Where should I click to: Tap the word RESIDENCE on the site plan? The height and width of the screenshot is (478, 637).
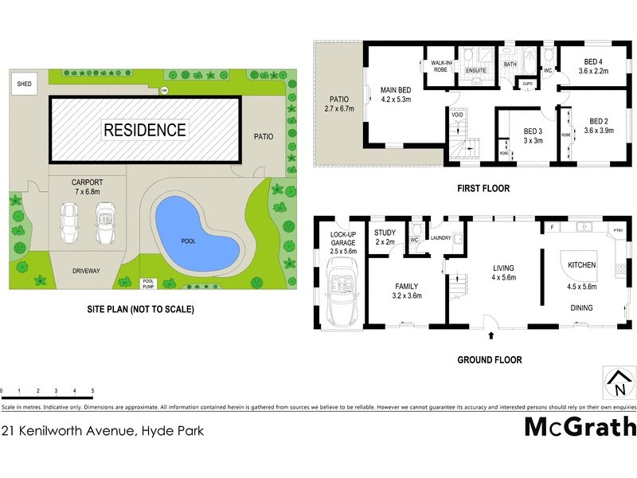click(144, 130)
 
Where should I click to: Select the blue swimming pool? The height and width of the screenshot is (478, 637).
click(195, 231)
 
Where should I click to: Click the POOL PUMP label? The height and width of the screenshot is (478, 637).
click(148, 283)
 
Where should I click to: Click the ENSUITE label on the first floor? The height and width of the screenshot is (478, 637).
click(475, 71)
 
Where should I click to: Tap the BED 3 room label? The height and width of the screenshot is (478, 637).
click(533, 136)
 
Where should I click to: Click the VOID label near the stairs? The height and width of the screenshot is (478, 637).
click(457, 115)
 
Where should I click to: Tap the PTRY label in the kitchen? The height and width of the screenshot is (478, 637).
click(618, 231)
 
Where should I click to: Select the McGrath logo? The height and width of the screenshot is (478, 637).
click(579, 427)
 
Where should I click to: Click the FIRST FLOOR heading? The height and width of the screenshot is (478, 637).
click(483, 189)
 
